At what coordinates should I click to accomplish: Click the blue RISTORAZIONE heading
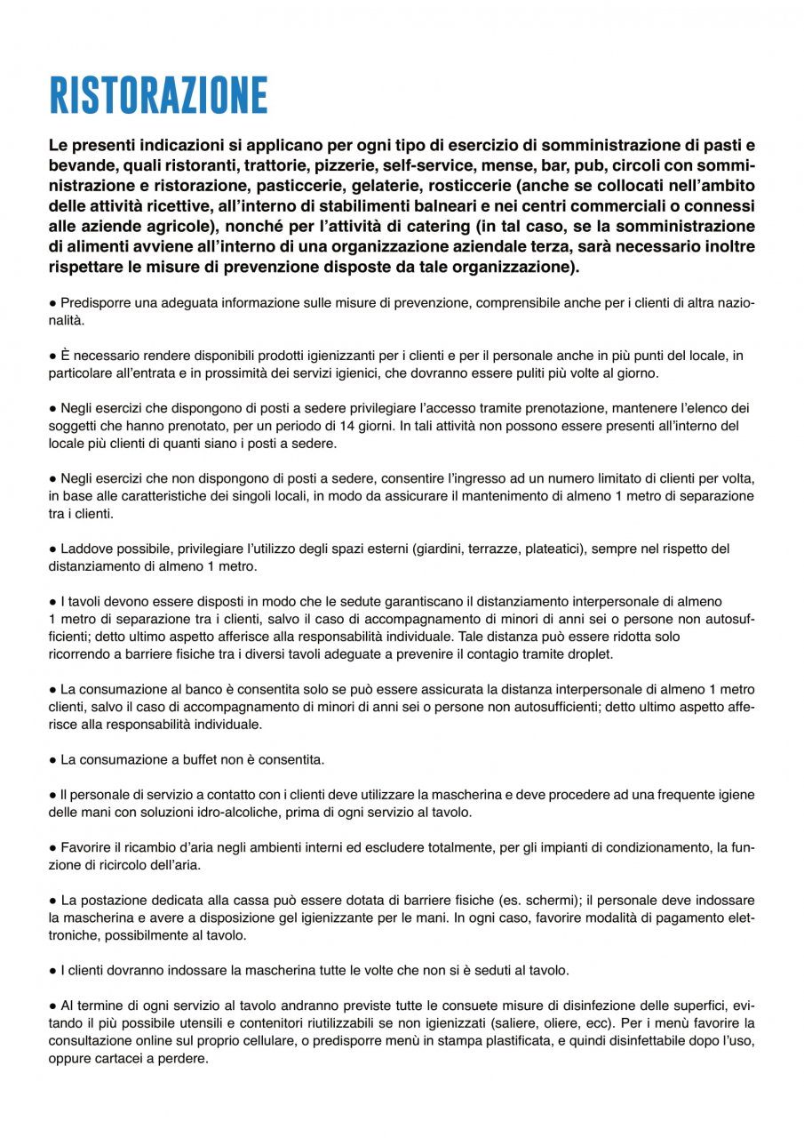(158, 96)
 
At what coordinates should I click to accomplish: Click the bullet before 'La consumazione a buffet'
(52, 760)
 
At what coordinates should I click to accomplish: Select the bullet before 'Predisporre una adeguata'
(52, 303)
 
